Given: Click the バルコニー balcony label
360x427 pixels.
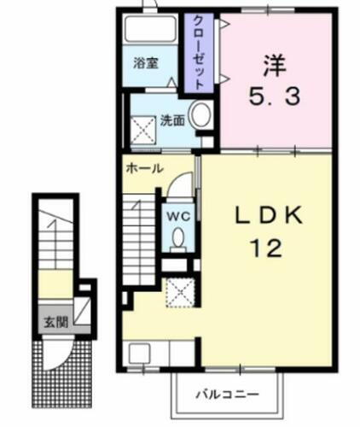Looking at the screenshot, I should tap(229, 395).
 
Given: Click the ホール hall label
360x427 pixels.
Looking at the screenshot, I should tap(144, 168).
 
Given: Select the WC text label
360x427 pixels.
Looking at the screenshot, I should tap(177, 215).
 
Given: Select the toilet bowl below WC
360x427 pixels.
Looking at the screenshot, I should tap(177, 242).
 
